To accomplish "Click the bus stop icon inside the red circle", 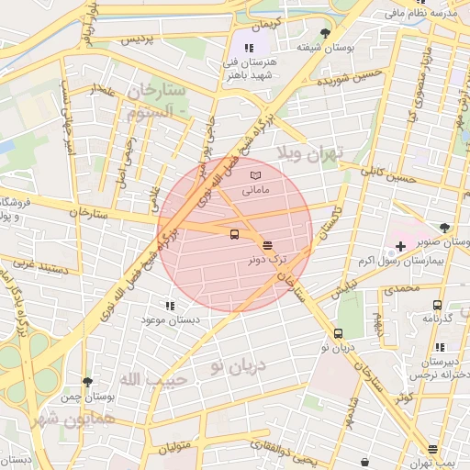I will pyautogui.click(x=235, y=234).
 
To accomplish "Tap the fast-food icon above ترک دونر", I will pyautogui.click(x=267, y=245).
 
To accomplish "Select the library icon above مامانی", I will pyautogui.click(x=255, y=175).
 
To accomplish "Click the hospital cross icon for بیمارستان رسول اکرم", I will pyautogui.click(x=400, y=246).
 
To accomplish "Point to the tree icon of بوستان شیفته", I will pyautogui.click(x=325, y=32).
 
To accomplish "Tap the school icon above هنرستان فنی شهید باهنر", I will pyautogui.click(x=247, y=48).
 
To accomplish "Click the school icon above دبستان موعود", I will pyautogui.click(x=169, y=306).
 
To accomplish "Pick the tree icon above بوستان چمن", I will pyautogui.click(x=87, y=381).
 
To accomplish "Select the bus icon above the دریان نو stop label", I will pyautogui.click(x=339, y=333).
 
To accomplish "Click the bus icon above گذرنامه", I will pyautogui.click(x=437, y=305).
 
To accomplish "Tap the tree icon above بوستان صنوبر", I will pyautogui.click(x=445, y=227).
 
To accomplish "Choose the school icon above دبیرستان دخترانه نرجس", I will pyautogui.click(x=440, y=347).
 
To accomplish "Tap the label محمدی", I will pyautogui.click(x=401, y=288).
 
